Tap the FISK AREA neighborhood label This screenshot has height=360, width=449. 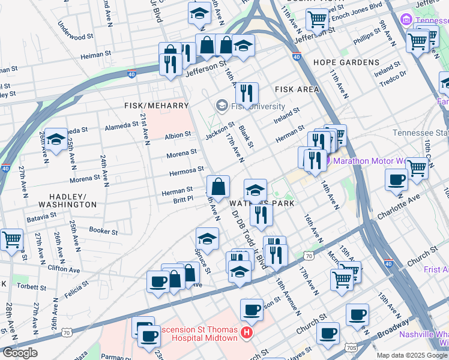coord(297,89)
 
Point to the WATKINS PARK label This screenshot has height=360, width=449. coord(262,204)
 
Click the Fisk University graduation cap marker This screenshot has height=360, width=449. coord(221,106)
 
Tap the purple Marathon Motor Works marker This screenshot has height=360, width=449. coord(322,161)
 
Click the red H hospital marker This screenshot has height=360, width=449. coord(246,332)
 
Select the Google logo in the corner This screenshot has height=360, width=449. coord(20,353)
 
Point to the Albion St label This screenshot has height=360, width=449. coord(178,136)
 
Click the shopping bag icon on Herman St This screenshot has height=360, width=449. coord(218,187)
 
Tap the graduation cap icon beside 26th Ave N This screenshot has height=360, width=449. coord(56,140)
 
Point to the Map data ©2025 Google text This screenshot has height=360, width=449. coord(412,355)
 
